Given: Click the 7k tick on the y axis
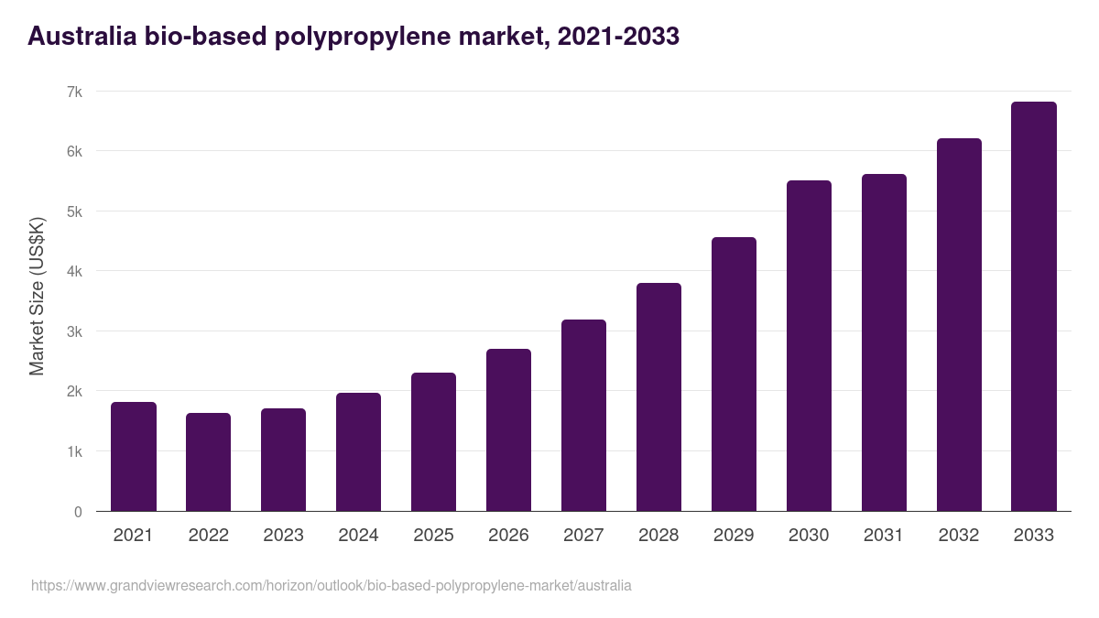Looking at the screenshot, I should tap(73, 92).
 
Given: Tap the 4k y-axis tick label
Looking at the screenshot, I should tap(73, 271).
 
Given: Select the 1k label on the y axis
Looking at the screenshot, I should tap(73, 451).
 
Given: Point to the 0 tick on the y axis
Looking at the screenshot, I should tap(78, 512).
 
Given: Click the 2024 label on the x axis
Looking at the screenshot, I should tap(358, 536).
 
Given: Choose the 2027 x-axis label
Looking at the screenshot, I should tap(583, 536).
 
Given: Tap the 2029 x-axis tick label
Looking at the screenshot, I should tap(734, 536).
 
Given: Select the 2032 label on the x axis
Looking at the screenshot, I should tap(959, 536).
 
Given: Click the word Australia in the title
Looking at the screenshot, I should tap(81, 38).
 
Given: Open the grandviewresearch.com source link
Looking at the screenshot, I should tap(331, 585).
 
